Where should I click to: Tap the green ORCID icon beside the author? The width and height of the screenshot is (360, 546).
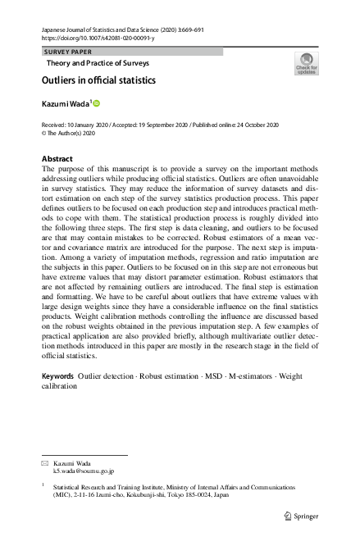pos(96,104)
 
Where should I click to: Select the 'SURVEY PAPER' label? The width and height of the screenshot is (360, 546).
pos(68,52)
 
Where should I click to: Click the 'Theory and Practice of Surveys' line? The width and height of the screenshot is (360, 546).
pos(95,62)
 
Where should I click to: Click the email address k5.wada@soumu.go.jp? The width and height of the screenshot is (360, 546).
pos(84,471)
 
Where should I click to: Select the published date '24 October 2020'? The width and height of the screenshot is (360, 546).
pos(246,124)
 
